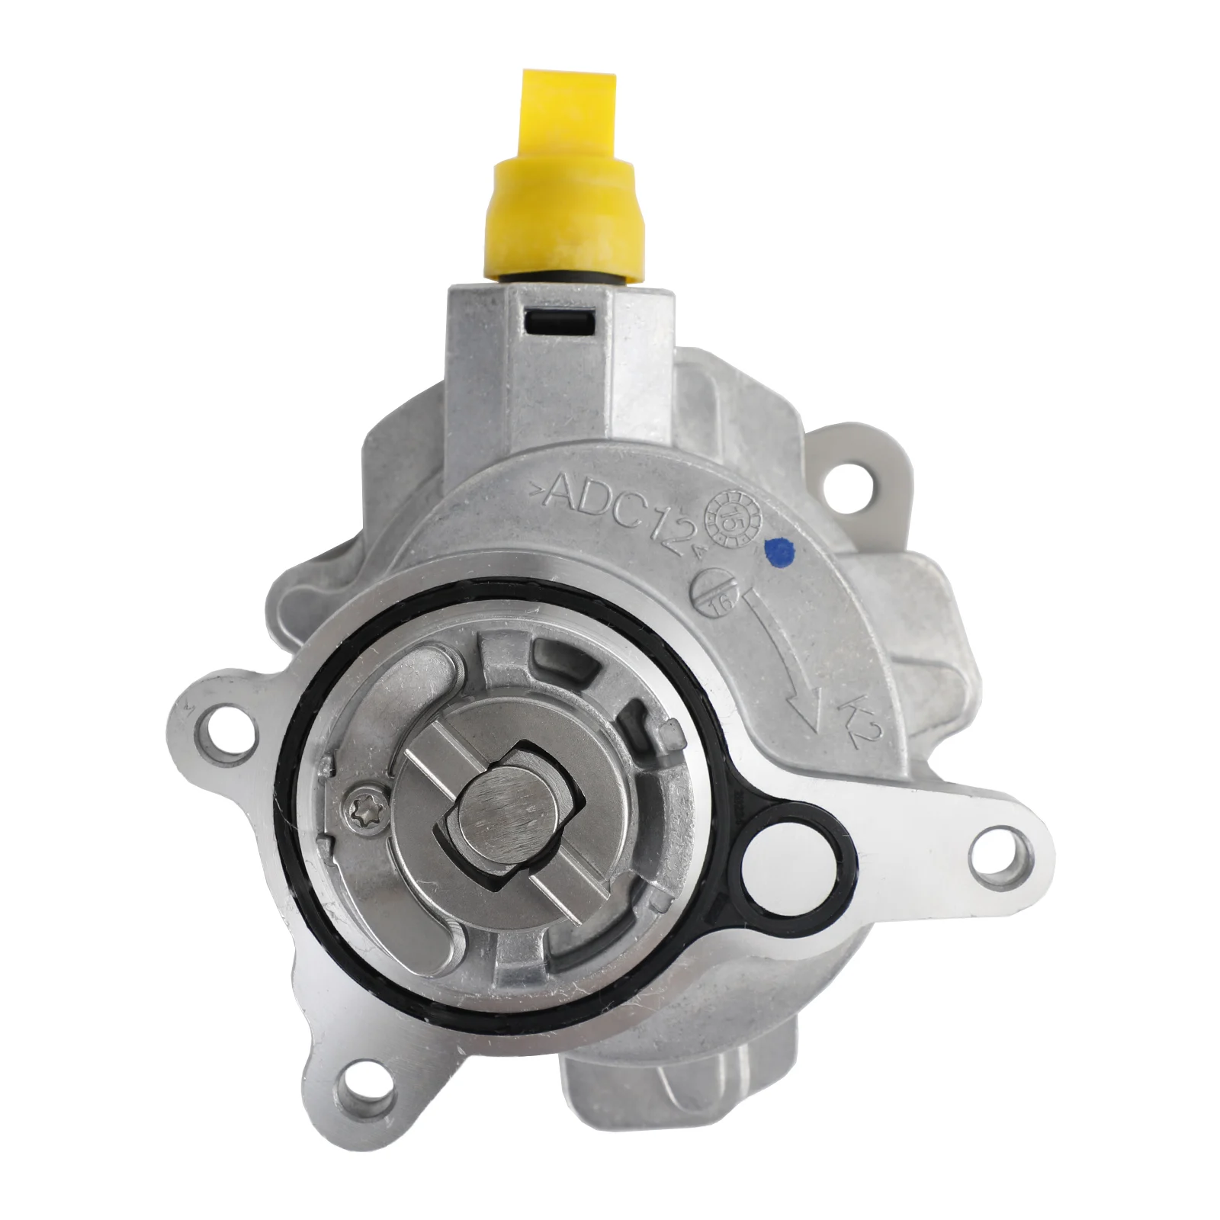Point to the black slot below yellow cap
pyautogui.click(x=560, y=323)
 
